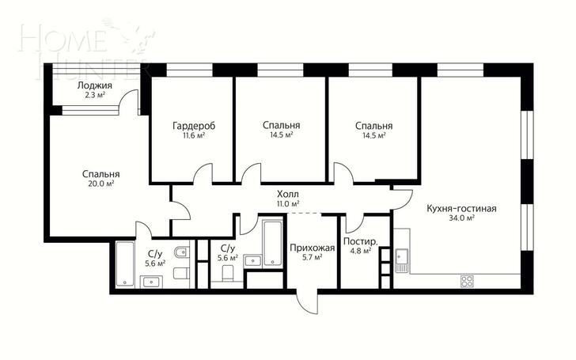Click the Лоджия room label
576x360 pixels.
pos(94,85)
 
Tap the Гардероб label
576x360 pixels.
pos(194,126)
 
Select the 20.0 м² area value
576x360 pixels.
pos(100,184)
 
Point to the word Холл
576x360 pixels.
pos(288,194)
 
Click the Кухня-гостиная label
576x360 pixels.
pos(461,209)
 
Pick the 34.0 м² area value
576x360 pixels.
pos(461,218)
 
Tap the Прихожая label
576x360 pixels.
pos(313,248)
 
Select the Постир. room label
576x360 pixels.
pos(360,242)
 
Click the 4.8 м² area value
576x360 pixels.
pos(360,251)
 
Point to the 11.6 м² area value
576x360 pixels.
pos(194,135)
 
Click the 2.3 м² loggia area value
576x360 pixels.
pos(94,95)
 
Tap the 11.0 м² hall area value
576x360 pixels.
pos(288,203)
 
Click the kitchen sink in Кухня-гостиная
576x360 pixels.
pos(402,260)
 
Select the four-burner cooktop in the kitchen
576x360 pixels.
pos(467,281)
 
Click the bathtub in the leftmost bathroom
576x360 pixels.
pos(125,263)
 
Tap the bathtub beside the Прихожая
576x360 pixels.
pos(273,244)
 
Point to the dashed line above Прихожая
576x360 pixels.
pos(304,214)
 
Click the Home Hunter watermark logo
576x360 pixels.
pos(88,47)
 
